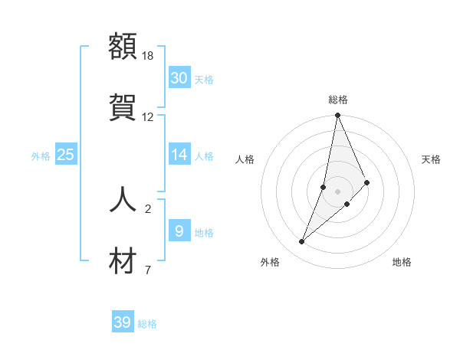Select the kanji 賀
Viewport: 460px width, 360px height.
(x=123, y=106)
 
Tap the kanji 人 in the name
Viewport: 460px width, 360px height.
(x=123, y=198)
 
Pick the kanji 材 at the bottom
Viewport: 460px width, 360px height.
(x=123, y=260)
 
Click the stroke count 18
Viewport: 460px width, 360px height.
(x=148, y=56)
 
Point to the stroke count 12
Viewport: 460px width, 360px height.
(x=148, y=117)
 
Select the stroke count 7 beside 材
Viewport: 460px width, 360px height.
(x=148, y=270)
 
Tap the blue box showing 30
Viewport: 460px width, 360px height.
(x=179, y=78)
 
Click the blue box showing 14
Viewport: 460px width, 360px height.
(x=179, y=155)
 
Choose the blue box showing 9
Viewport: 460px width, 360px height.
(x=179, y=231)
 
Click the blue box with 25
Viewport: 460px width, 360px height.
(x=66, y=155)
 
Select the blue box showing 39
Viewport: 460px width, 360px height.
(x=123, y=322)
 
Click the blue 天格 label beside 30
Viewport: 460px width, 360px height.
(x=204, y=80)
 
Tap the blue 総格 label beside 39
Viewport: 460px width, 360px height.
(x=148, y=324)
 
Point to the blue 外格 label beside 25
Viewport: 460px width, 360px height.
(x=41, y=156)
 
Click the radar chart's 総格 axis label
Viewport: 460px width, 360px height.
(x=338, y=100)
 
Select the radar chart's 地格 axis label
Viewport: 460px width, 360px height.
(x=402, y=262)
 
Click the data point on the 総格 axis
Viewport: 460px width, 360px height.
(x=337, y=116)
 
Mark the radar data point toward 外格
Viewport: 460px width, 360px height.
(x=302, y=242)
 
